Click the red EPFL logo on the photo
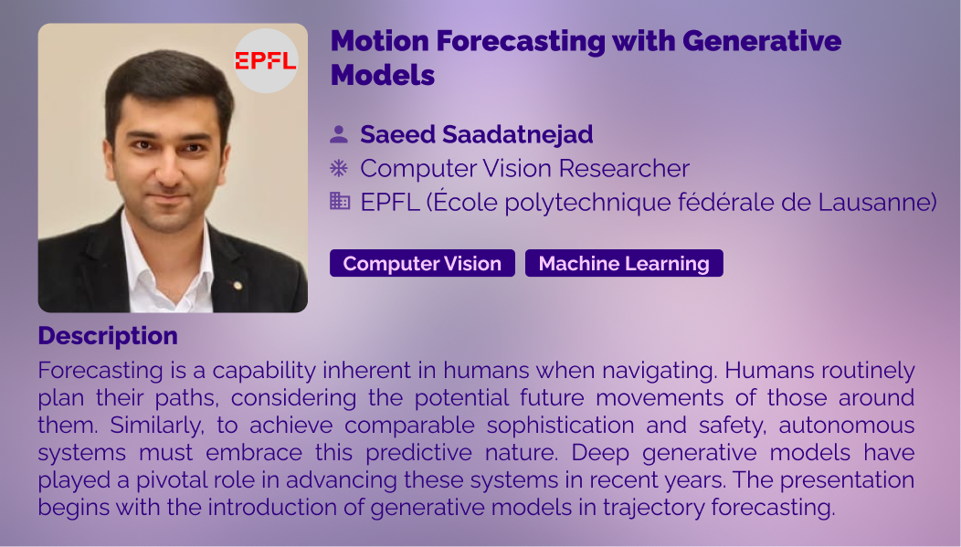click(x=266, y=60)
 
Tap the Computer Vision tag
click(x=422, y=263)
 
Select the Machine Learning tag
click(x=624, y=263)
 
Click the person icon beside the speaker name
click(x=339, y=134)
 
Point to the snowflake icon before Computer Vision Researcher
click(x=339, y=168)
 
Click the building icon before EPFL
click(x=340, y=201)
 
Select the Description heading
click(x=108, y=336)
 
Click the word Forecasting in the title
click(x=521, y=41)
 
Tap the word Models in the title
click(x=383, y=75)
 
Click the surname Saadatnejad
click(x=518, y=134)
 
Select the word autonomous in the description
click(x=847, y=426)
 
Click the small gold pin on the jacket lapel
click(x=238, y=286)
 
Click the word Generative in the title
click(x=762, y=41)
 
